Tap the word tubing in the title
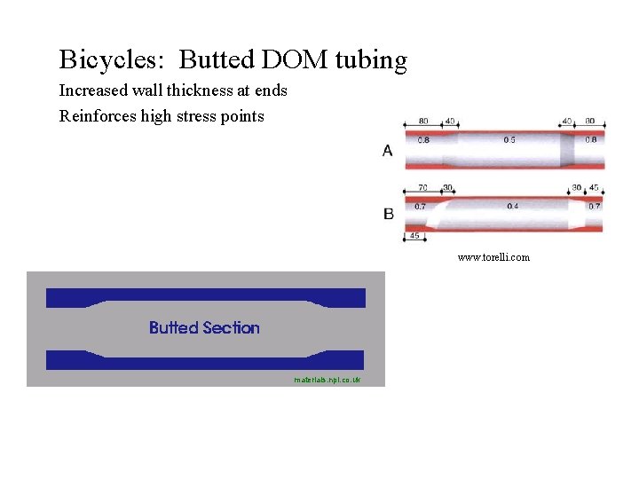pyautogui.click(x=371, y=60)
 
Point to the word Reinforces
pyautogui.click(x=98, y=115)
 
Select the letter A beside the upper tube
pyautogui.click(x=388, y=151)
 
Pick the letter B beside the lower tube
pyautogui.click(x=388, y=214)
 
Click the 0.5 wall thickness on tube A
pyautogui.click(x=509, y=140)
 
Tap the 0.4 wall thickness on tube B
pyautogui.click(x=512, y=206)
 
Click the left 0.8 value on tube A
pyautogui.click(x=423, y=140)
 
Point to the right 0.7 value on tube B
pyautogui.click(x=594, y=206)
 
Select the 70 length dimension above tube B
pyautogui.click(x=422, y=188)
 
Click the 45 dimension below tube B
pyautogui.click(x=414, y=236)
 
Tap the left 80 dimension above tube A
pyautogui.click(x=423, y=122)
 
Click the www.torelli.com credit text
pyautogui.click(x=493, y=257)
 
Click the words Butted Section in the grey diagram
pyautogui.click(x=204, y=328)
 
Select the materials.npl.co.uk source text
pyautogui.click(x=327, y=380)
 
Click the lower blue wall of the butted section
pyautogui.click(x=204, y=359)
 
